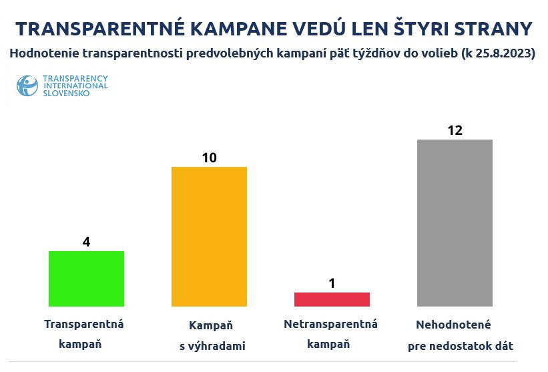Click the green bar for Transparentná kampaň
pyautogui.click(x=87, y=278)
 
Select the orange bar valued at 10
pyautogui.click(x=209, y=236)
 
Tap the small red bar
pyautogui.click(x=332, y=299)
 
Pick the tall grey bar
pyautogui.click(x=455, y=223)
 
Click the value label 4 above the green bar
pyautogui.click(x=86, y=242)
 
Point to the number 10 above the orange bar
pyautogui.click(x=209, y=158)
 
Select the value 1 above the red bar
pyautogui.click(x=332, y=283)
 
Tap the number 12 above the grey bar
pyautogui.click(x=455, y=130)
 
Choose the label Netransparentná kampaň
pyautogui.click(x=330, y=335)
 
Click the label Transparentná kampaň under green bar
pyautogui.click(x=84, y=335)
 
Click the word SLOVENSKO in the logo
pyautogui.click(x=66, y=94)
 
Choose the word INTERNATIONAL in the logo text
pyautogui.click(x=75, y=86)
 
